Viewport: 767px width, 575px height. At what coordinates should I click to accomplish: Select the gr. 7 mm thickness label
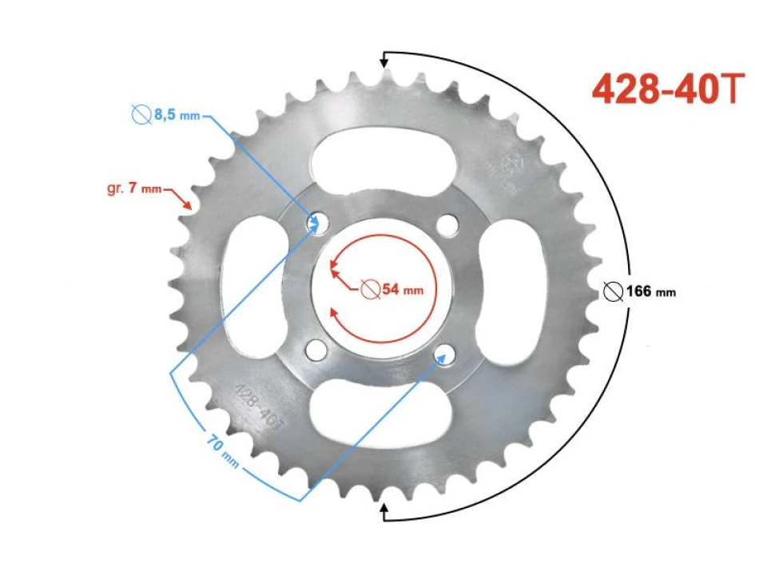[x=133, y=189]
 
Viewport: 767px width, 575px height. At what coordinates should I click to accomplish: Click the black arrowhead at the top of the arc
[x=384, y=60]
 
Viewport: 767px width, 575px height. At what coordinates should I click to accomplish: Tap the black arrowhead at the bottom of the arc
[x=384, y=511]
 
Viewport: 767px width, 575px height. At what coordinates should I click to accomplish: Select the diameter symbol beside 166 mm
[x=614, y=291]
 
